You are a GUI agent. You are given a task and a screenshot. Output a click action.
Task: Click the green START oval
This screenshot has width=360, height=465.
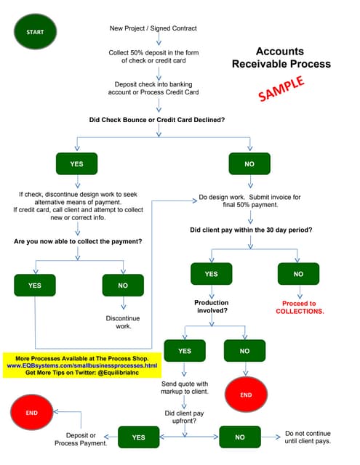coord(35,32)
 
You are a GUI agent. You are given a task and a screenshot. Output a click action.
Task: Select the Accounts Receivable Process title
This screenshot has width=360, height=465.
coord(281,58)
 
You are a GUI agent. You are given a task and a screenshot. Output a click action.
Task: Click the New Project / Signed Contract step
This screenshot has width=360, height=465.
coord(153,29)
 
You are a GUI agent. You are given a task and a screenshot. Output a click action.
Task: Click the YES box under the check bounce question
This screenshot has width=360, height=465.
coord(76,164)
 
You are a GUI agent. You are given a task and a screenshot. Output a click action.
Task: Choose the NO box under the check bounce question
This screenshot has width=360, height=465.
coord(249,164)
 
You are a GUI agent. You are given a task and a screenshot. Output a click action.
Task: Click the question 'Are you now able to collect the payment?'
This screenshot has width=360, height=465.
coord(78,240)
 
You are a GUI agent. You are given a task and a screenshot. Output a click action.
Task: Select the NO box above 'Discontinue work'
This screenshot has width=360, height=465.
coord(123,286)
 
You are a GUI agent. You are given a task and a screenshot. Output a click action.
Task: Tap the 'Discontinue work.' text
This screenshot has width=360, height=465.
coord(123,322)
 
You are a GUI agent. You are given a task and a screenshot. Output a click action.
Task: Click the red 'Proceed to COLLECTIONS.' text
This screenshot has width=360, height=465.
coord(300,307)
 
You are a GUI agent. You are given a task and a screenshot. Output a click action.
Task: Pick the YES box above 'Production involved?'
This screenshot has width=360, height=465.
coord(211,274)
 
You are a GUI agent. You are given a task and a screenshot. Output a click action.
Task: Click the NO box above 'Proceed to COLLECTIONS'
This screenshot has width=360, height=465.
coord(298,274)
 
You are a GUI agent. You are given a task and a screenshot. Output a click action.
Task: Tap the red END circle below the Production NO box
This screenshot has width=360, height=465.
coord(245,395)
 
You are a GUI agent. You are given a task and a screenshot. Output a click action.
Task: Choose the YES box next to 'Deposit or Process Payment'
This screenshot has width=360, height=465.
coord(138,438)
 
